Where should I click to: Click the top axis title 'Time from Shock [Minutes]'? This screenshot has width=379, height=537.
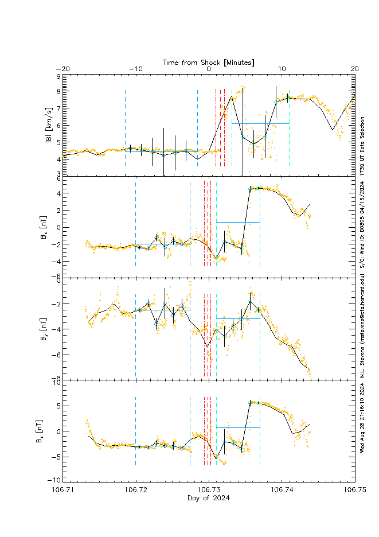209,61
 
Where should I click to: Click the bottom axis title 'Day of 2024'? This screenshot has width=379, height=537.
209,498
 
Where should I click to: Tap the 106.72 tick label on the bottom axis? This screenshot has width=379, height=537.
136,490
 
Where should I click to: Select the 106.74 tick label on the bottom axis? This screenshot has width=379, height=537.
282,490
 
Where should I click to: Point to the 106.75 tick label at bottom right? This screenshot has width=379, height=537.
354,490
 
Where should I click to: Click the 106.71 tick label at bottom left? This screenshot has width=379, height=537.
63,490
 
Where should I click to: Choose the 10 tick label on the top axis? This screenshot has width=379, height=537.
282,69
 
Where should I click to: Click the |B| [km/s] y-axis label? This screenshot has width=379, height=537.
50,126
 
